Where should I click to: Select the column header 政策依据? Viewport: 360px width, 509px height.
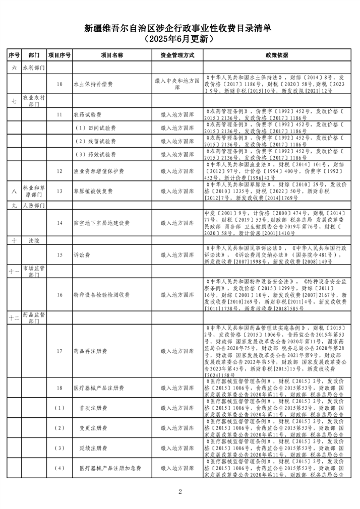tap(277, 54)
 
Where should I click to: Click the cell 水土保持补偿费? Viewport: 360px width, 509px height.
tap(92, 84)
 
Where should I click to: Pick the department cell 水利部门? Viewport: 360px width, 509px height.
tap(34, 67)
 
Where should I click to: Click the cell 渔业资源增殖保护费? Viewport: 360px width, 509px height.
tap(96, 171)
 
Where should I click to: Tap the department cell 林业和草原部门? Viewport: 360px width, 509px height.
tap(34, 192)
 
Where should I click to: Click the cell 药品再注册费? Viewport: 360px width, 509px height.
tap(89, 350)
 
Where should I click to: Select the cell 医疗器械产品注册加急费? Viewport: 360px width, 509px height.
tap(110, 468)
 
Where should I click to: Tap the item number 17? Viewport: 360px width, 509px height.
tap(59, 350)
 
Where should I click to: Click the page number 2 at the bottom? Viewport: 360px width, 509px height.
tap(180, 491)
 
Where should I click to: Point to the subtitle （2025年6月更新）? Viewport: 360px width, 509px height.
tap(179, 39)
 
